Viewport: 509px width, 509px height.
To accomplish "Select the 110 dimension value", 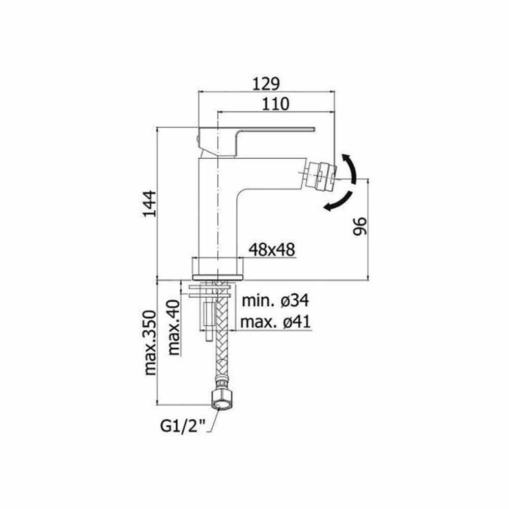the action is coord(276,104).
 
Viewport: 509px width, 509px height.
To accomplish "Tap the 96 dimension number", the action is coord(359,225).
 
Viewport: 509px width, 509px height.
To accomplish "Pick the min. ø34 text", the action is coord(275,301).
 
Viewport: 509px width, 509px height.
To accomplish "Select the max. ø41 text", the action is coord(275,322).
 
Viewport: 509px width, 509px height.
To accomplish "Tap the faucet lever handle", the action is coord(254,133).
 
